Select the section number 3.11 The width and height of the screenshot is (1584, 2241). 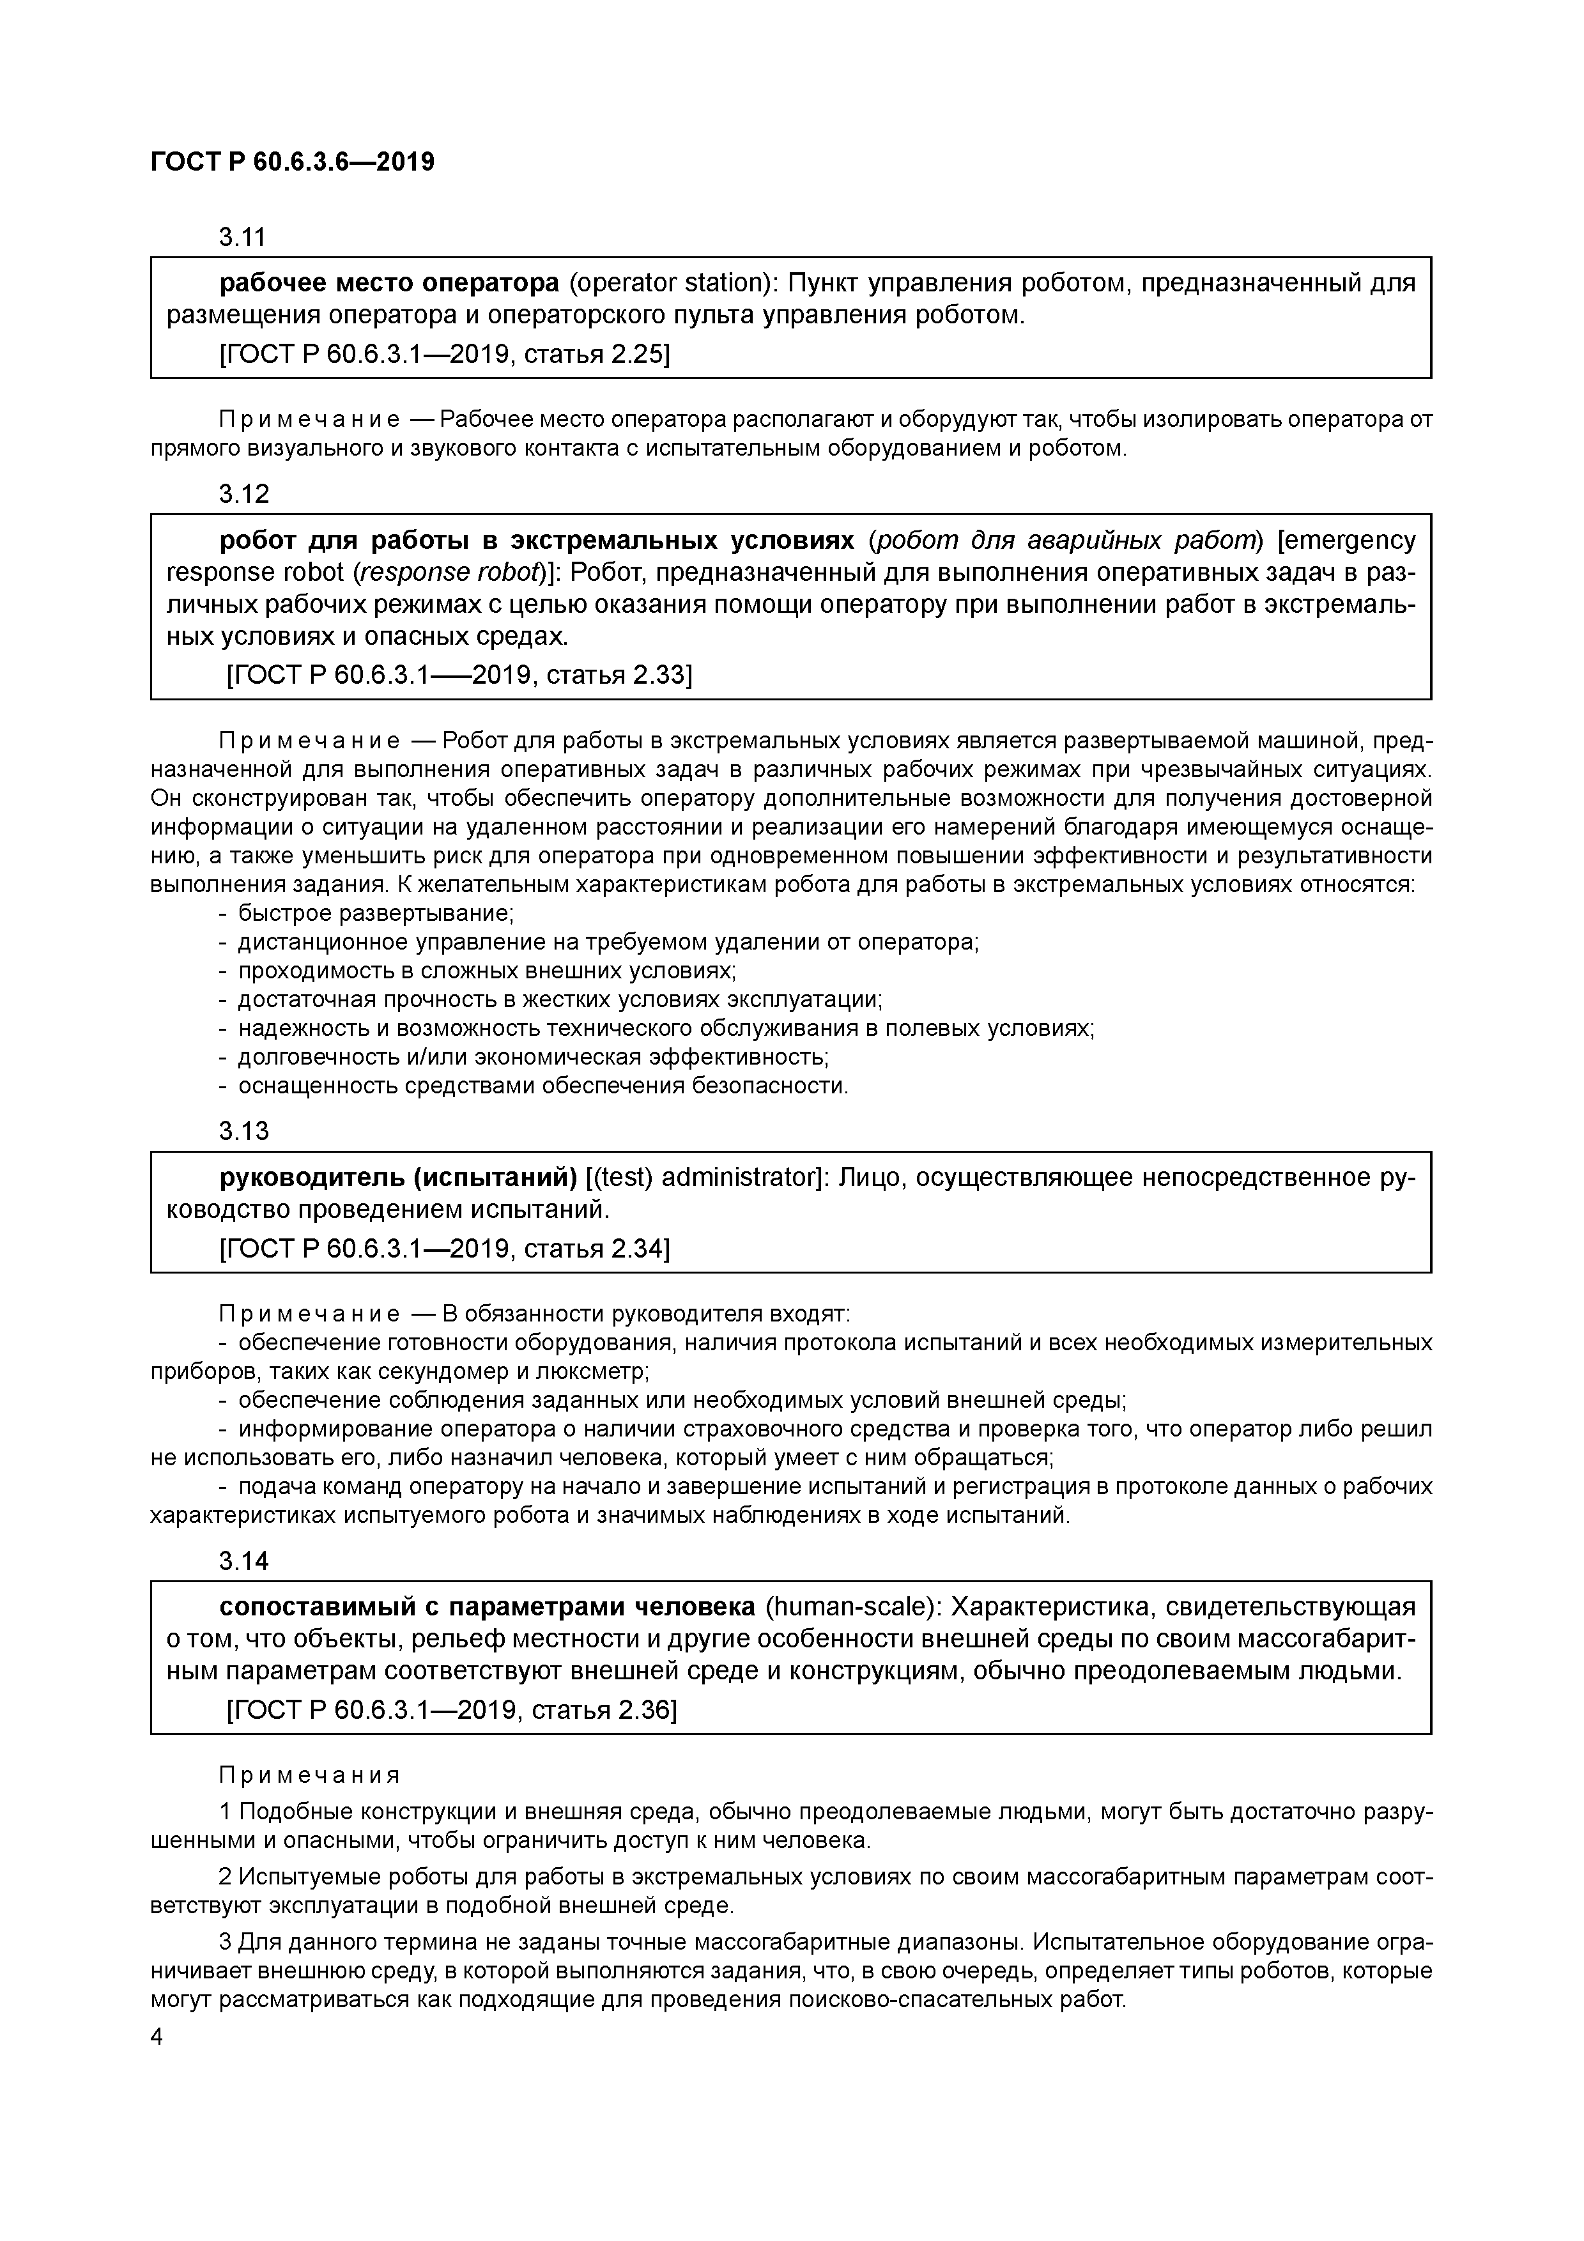tap(243, 237)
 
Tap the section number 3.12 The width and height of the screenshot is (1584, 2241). tap(243, 494)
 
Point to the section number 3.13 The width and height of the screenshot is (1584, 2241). tap(243, 1131)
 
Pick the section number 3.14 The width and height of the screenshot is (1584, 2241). tap(243, 1562)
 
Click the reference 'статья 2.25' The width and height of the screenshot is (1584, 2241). tap(596, 354)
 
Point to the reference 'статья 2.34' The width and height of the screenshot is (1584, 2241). tap(596, 1249)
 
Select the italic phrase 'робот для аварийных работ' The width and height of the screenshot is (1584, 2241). tap(1064, 541)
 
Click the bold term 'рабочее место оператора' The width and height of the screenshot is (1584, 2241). tap(388, 284)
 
